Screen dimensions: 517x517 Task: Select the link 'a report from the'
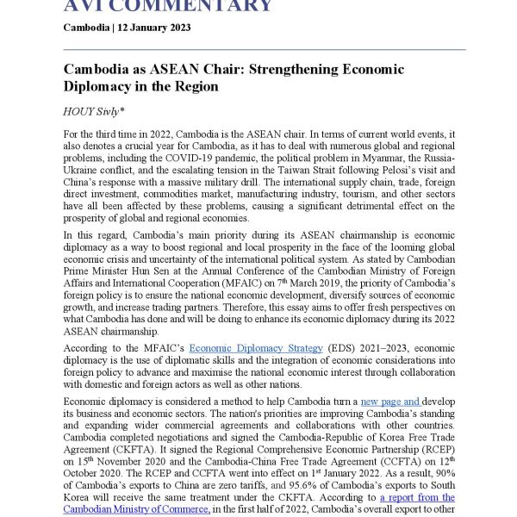click(417, 497)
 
